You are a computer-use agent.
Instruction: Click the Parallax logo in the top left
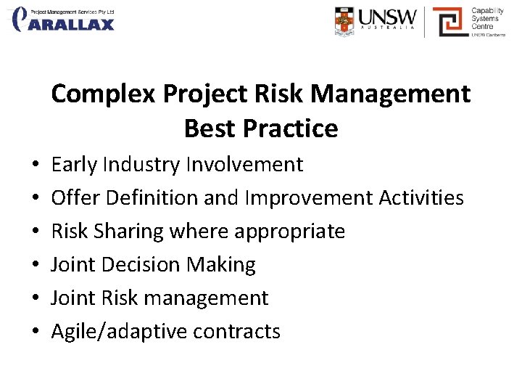[64, 20]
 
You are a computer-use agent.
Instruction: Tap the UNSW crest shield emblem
[345, 21]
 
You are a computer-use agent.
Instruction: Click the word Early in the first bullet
[74, 165]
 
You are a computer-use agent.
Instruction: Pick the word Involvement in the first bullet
[244, 165]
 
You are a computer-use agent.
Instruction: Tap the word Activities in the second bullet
[422, 197]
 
